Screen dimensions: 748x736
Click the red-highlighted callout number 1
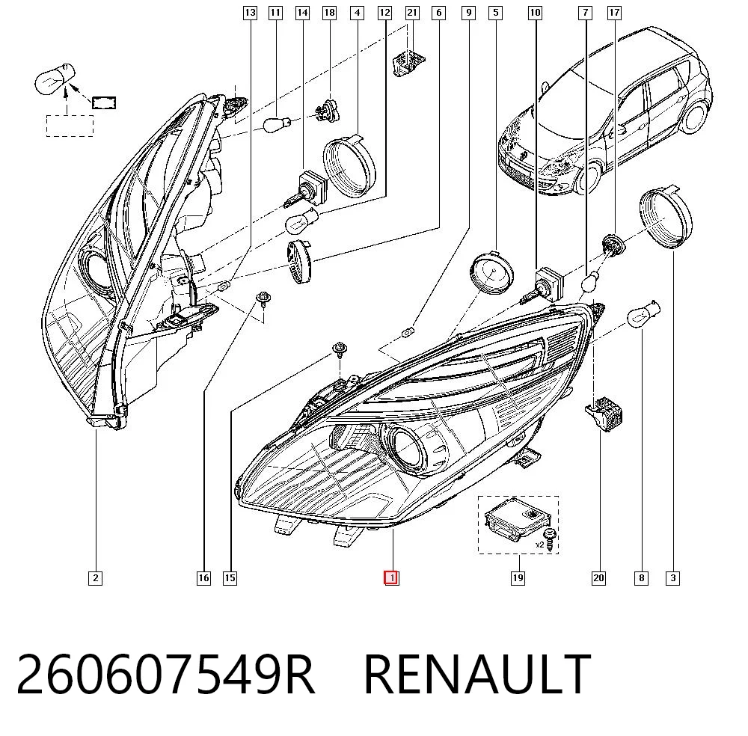coord(391,578)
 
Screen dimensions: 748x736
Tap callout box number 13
coord(250,13)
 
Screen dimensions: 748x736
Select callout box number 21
coord(412,13)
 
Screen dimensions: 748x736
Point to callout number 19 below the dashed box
coord(518,578)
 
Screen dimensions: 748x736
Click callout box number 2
coord(96,578)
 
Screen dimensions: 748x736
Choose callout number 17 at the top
coord(614,13)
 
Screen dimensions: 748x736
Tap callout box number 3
coord(672,578)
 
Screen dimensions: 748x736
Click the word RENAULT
coord(477,674)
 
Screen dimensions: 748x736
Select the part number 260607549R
coord(165,674)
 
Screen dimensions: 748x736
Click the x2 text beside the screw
coord(539,545)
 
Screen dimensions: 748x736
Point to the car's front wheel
coord(589,177)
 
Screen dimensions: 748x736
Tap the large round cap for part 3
coord(666,218)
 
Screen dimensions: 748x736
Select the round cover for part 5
coord(492,272)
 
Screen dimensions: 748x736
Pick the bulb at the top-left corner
coord(55,79)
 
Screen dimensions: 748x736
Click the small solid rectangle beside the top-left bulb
coord(104,102)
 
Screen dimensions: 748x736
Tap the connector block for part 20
coord(604,413)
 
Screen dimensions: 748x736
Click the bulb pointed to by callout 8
coord(643,314)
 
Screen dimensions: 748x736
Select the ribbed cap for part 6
coord(298,262)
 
